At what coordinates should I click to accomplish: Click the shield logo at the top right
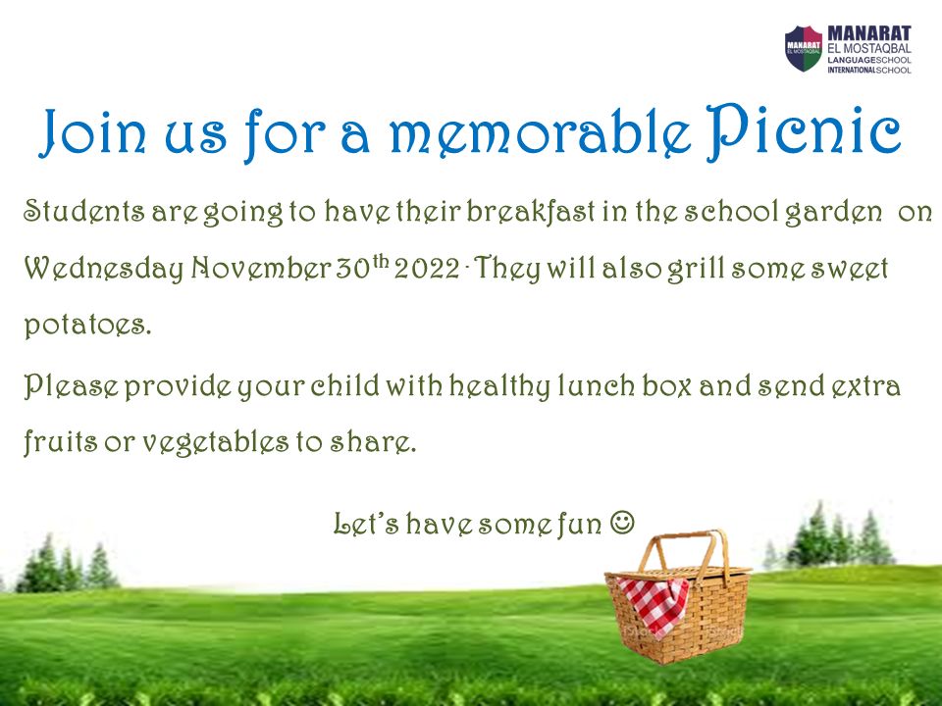click(804, 49)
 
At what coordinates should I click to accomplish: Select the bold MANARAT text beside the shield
click(869, 33)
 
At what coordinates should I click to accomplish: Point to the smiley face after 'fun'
click(622, 522)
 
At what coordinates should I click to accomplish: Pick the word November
click(261, 268)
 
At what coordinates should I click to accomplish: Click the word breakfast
click(532, 212)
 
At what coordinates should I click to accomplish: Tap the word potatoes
click(87, 326)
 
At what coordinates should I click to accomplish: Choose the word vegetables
click(216, 442)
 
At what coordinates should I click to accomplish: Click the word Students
click(84, 212)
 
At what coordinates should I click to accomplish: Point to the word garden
click(833, 213)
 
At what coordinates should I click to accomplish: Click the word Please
click(71, 386)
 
